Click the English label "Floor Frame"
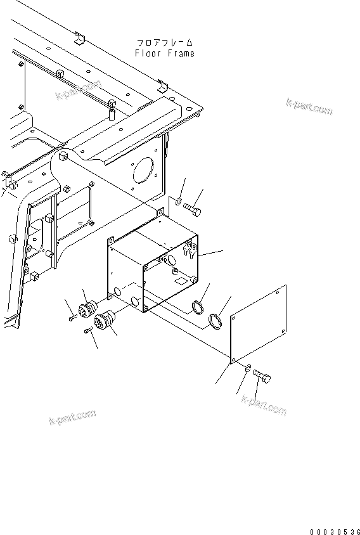tap(165, 54)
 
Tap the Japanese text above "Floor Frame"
tap(165, 43)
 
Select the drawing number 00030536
tap(333, 515)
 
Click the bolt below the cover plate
tap(262, 378)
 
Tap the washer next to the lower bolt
tap(246, 368)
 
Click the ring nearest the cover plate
tap(216, 321)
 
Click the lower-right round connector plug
tap(103, 321)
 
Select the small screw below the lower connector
tap(87, 332)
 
